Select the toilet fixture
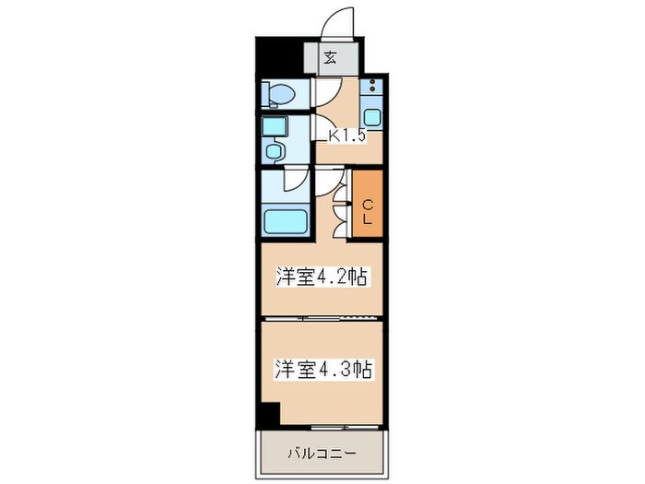(280, 93)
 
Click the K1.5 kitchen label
(348, 136)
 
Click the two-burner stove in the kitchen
(372, 89)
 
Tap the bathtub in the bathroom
(284, 221)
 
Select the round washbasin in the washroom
(273, 150)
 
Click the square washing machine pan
(274, 127)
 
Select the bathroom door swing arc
(295, 183)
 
